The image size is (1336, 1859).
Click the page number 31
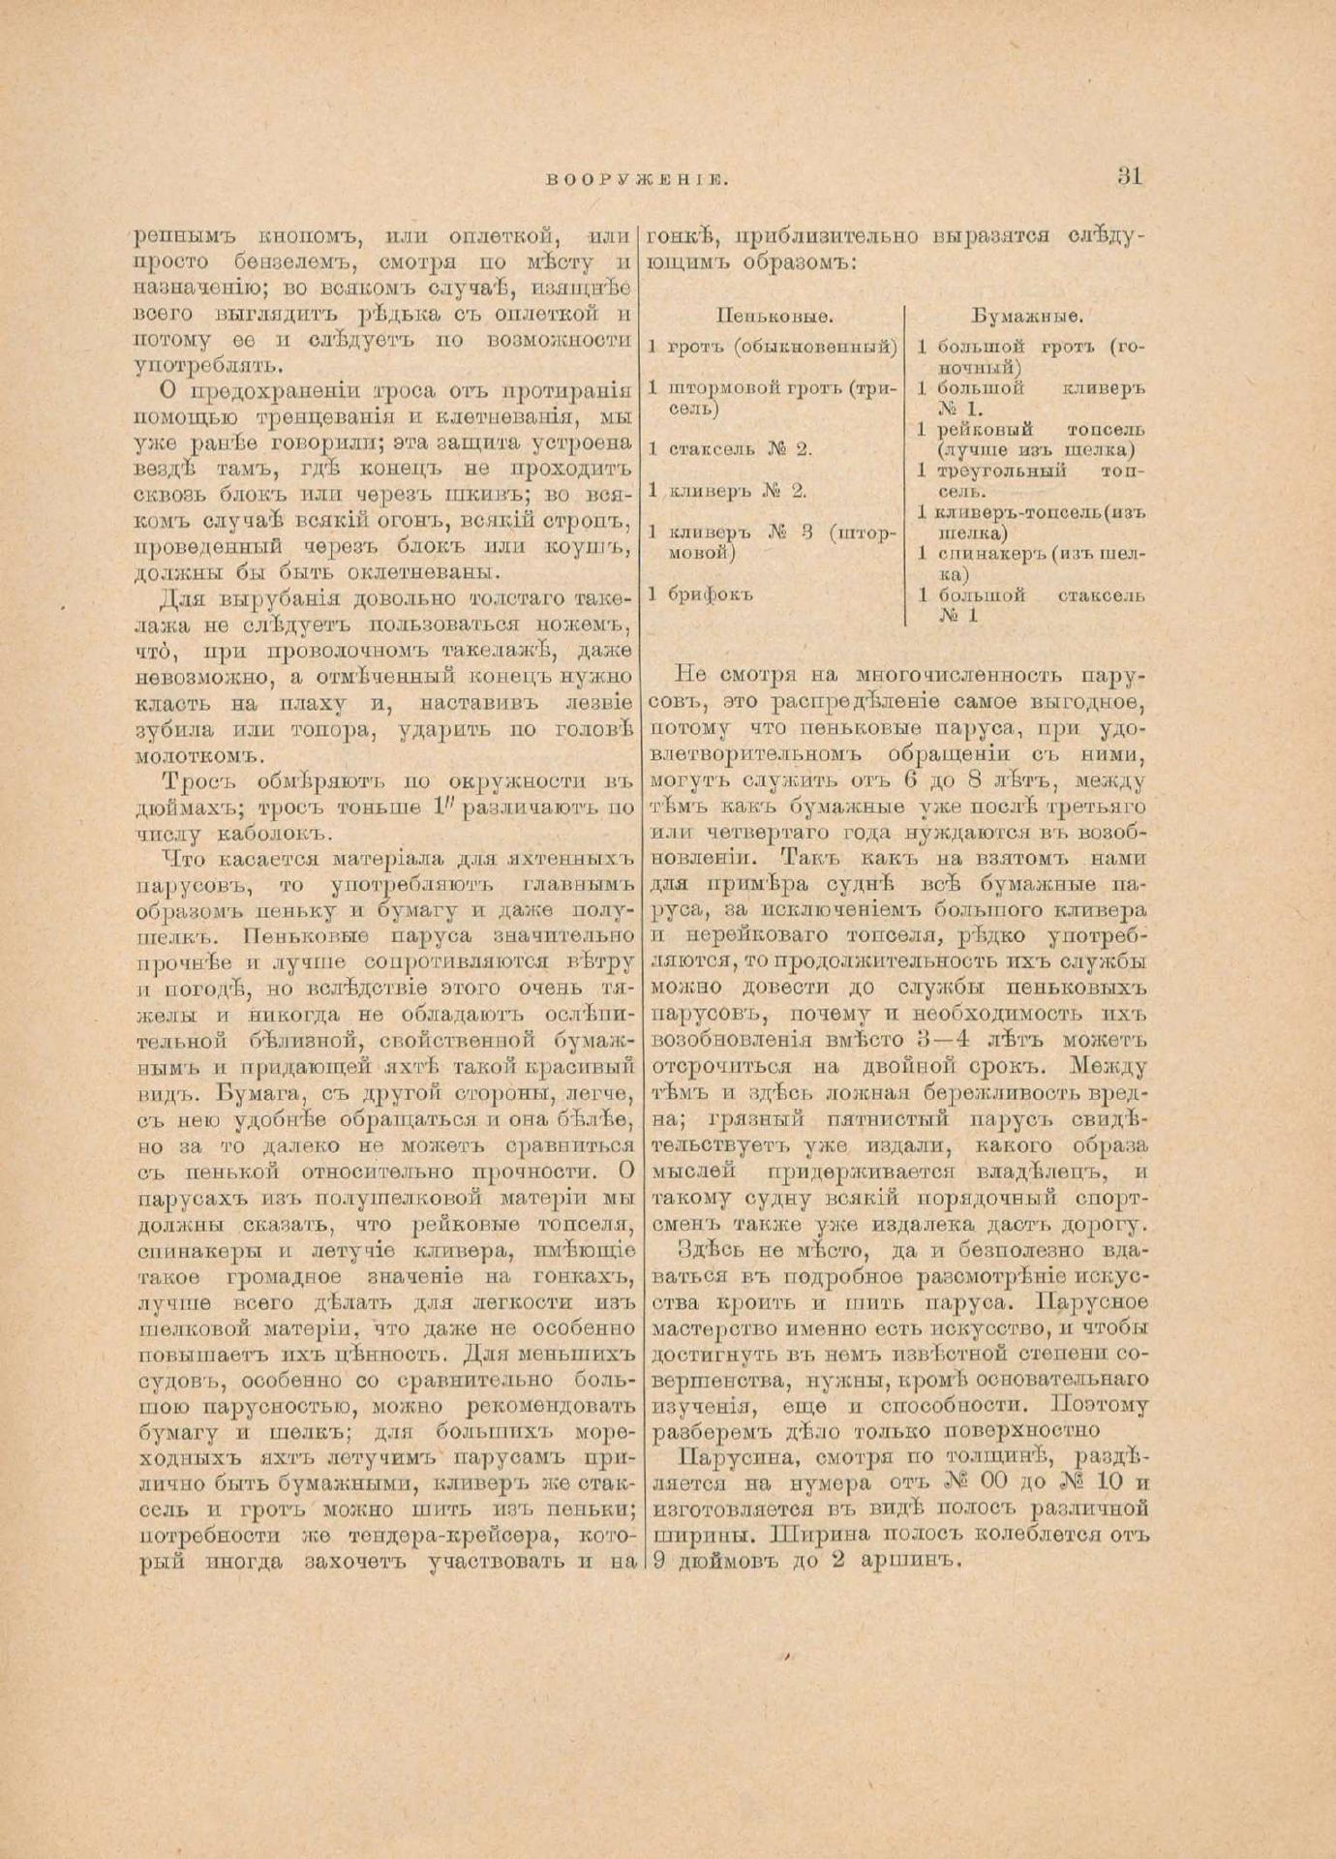coord(1130,176)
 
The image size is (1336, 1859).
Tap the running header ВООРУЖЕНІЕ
coord(637,179)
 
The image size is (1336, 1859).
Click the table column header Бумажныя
coord(1027,316)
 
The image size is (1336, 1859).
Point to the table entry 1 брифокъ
coord(701,594)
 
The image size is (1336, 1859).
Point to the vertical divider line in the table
coord(906,465)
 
